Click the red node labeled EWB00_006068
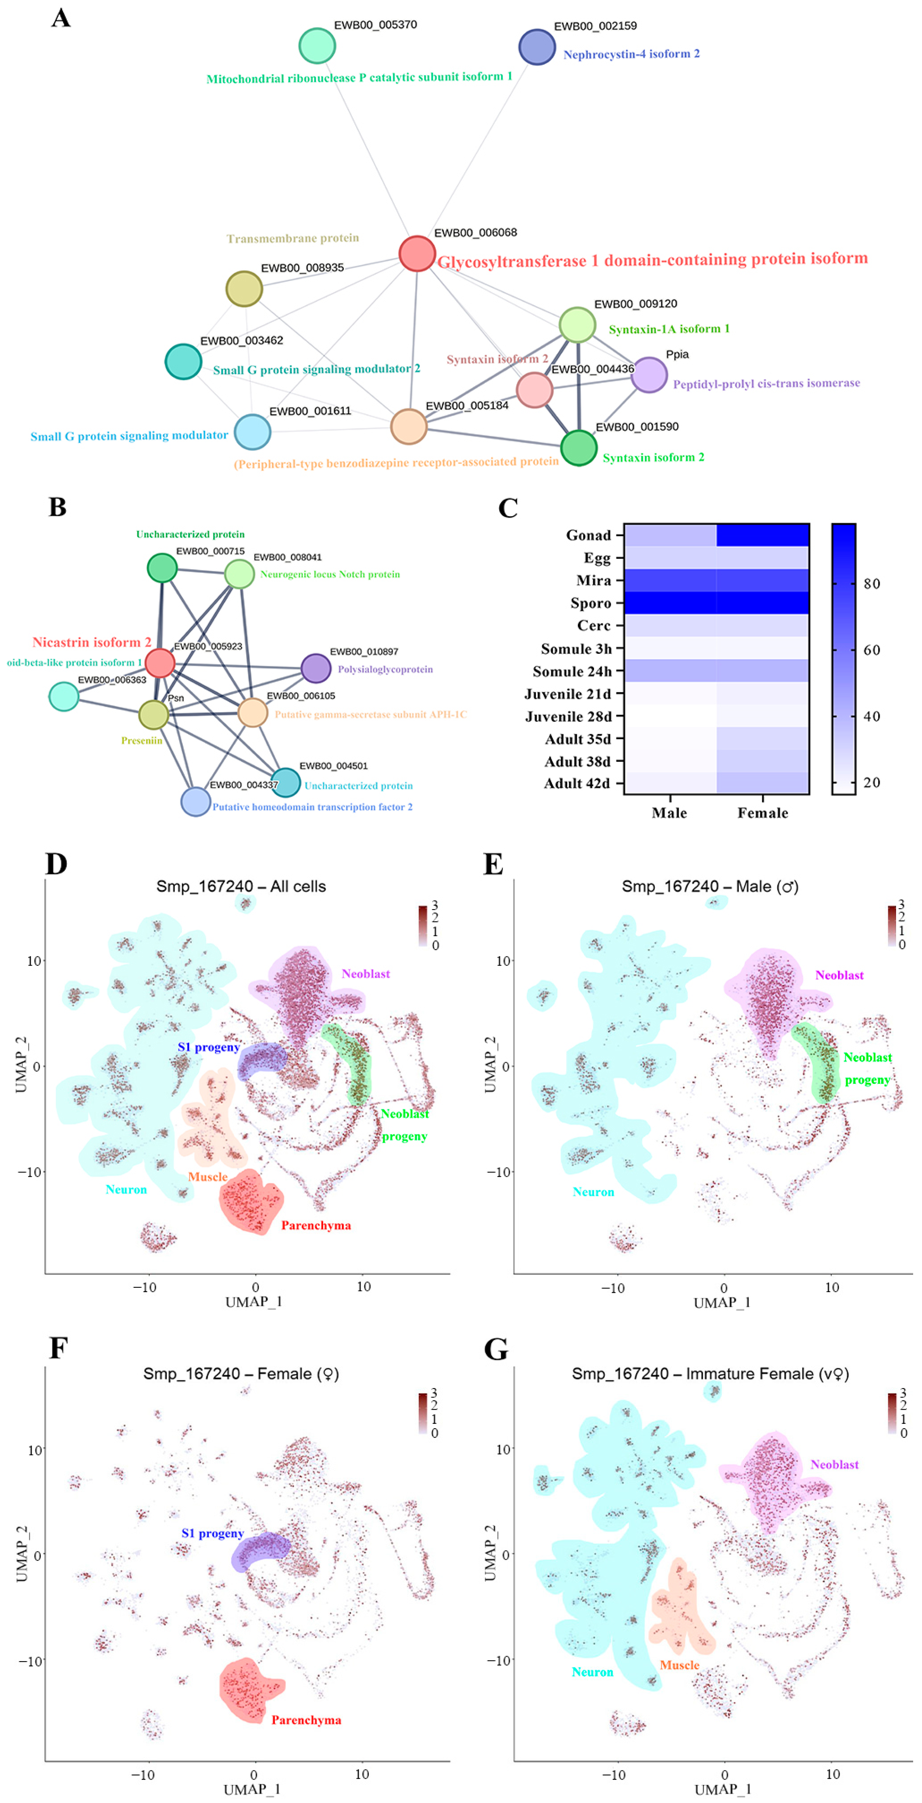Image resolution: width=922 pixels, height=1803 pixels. [417, 253]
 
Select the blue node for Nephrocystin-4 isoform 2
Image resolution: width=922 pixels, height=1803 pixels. [537, 47]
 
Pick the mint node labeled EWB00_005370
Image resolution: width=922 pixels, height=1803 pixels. [317, 46]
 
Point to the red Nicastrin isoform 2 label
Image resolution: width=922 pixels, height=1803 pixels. [92, 642]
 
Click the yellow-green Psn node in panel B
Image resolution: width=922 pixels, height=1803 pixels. [153, 715]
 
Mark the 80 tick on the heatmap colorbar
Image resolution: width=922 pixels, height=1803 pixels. [871, 584]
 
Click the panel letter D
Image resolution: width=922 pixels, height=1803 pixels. [57, 864]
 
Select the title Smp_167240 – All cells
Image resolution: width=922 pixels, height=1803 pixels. [241, 886]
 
